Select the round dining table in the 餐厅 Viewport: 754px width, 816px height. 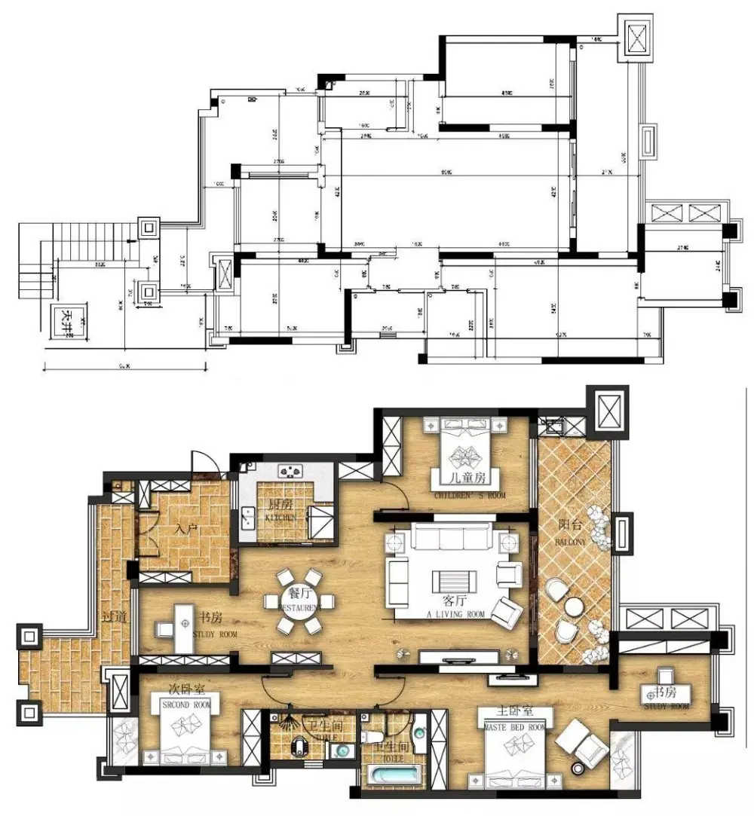click(299, 604)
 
